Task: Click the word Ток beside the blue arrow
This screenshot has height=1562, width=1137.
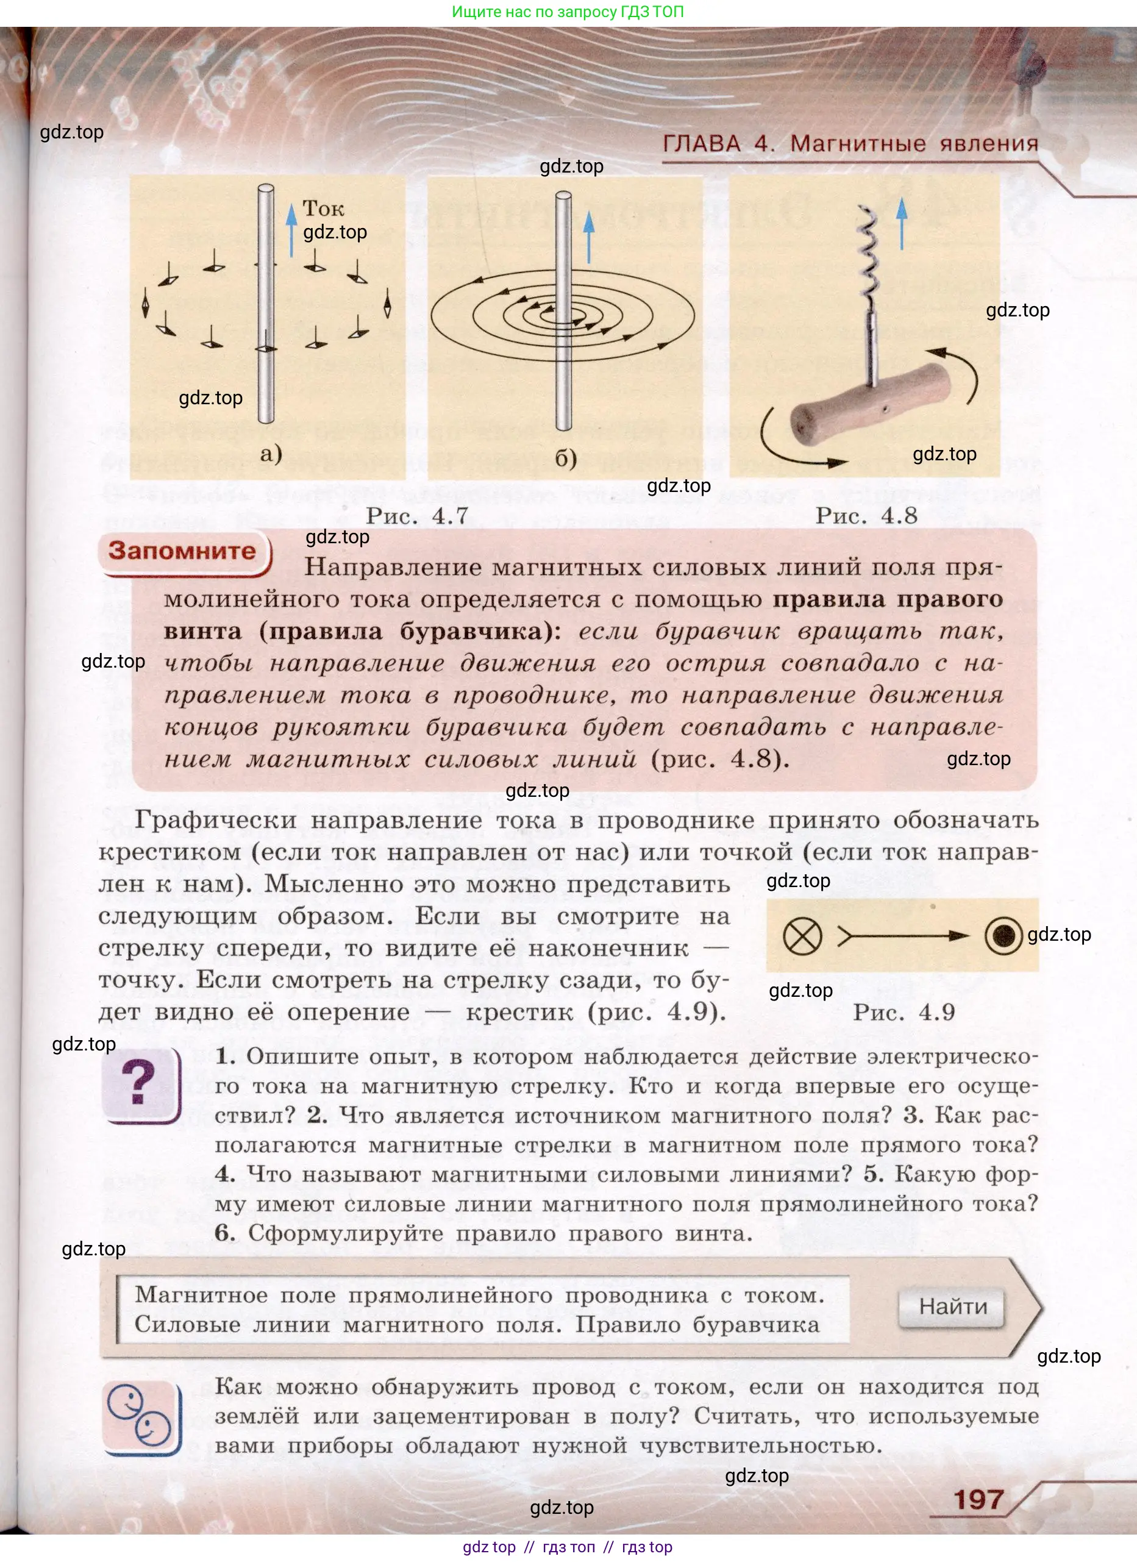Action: pos(323,209)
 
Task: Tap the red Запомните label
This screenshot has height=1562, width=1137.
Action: pos(182,551)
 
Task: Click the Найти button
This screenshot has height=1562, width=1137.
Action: pos(952,1307)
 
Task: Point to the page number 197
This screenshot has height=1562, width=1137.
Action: pos(978,1500)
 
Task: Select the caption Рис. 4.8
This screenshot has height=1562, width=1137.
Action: pos(866,516)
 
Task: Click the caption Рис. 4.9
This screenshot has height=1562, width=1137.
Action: pos(904,1013)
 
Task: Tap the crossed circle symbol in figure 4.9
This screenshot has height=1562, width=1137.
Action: pos(802,936)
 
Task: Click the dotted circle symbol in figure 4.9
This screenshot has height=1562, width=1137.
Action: pos(1003,936)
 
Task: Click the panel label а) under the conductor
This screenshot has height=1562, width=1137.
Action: pos(271,454)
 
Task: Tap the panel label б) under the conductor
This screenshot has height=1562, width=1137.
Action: pos(565,458)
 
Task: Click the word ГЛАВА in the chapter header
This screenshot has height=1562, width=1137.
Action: pos(701,144)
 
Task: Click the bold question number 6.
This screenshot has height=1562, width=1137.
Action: pos(224,1233)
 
